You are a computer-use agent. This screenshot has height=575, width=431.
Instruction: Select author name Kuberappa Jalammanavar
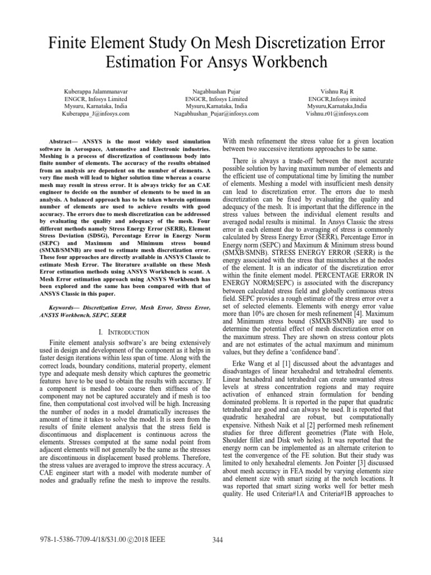pyautogui.click(x=95, y=89)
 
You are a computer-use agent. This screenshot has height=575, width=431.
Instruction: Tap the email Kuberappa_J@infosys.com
pyautogui.click(x=95, y=113)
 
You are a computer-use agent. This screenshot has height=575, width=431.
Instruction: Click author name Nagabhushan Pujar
pyautogui.click(x=216, y=89)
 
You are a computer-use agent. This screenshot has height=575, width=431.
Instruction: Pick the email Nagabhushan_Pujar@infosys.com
pyautogui.click(x=216, y=113)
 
